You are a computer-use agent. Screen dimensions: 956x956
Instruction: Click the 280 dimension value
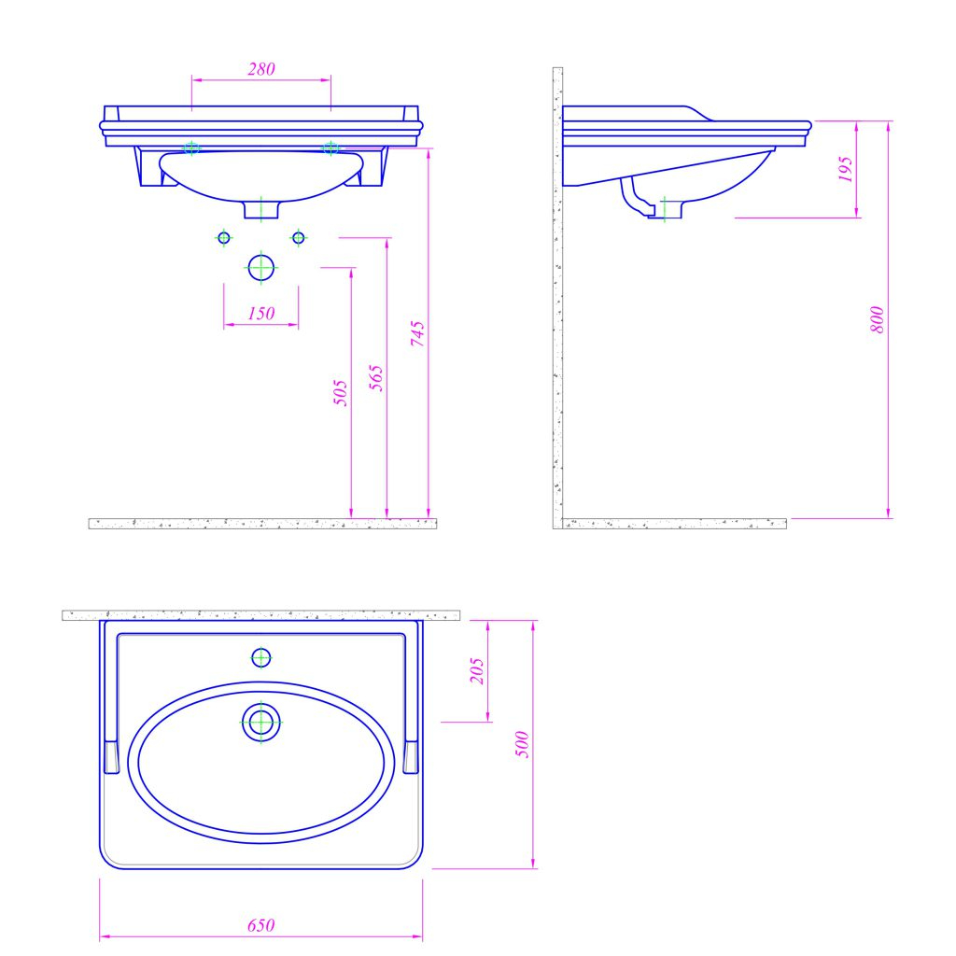(261, 69)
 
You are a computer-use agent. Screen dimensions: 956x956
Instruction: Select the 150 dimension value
(261, 314)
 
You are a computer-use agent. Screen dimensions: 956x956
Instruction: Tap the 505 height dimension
(341, 392)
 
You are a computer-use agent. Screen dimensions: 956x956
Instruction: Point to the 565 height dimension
(377, 377)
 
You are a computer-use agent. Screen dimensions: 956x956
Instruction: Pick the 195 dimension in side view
(846, 169)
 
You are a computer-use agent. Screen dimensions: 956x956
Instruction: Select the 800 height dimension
(877, 320)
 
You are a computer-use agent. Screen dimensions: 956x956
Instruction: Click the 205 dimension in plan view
(477, 670)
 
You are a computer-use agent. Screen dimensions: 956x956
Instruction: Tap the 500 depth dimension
(523, 743)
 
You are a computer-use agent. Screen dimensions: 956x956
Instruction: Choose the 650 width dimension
(261, 926)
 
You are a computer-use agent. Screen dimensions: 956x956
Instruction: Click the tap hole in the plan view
(261, 658)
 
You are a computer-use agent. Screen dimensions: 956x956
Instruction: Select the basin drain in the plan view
(261, 723)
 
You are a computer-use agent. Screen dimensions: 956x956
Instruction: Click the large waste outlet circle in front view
(261, 267)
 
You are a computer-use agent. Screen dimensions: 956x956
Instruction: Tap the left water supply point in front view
(223, 238)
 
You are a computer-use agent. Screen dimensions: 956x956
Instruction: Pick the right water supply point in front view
(299, 238)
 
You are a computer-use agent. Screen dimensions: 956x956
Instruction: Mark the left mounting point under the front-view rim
(192, 148)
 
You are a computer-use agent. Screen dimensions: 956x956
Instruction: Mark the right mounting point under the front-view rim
(330, 148)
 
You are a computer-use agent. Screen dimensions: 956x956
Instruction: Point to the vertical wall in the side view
(557, 299)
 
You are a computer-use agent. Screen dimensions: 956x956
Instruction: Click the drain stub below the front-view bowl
(261, 208)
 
